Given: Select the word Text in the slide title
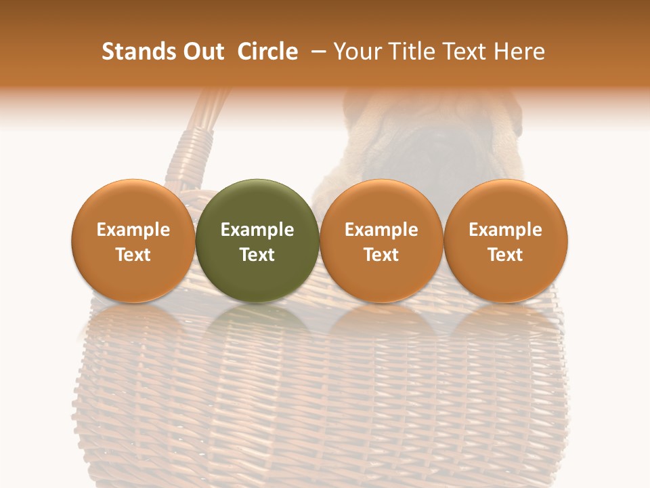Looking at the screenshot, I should pyautogui.click(x=466, y=52).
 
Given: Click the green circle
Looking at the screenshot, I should pyautogui.click(x=257, y=203).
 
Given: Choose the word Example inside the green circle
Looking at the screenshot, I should pyautogui.click(x=257, y=230).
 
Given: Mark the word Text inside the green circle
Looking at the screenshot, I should pyautogui.click(x=257, y=255).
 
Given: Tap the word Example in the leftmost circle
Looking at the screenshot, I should pyautogui.click(x=133, y=230).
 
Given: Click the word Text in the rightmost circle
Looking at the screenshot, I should pyautogui.click(x=506, y=255).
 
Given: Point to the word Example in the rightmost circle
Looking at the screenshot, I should pyautogui.click(x=506, y=230).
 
